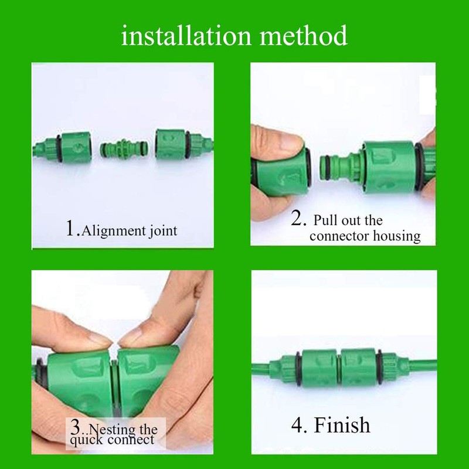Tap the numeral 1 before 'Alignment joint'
(x=71, y=228)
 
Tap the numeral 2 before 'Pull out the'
(x=298, y=220)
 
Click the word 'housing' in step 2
(x=399, y=236)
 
